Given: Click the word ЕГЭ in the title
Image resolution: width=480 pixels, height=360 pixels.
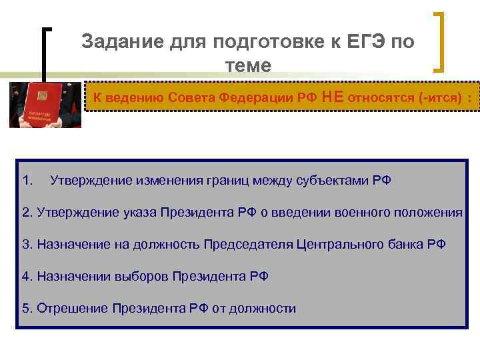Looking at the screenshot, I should click(365, 42).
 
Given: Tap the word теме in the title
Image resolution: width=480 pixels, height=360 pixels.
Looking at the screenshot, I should click(249, 65).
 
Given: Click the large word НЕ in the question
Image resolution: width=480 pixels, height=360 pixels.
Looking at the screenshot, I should click(332, 96).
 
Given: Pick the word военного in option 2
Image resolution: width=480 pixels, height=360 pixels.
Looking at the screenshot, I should click(351, 212).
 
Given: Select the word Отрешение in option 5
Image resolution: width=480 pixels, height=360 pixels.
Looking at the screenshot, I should click(72, 308).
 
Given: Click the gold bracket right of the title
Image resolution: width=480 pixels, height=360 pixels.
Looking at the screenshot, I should click(441, 41).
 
